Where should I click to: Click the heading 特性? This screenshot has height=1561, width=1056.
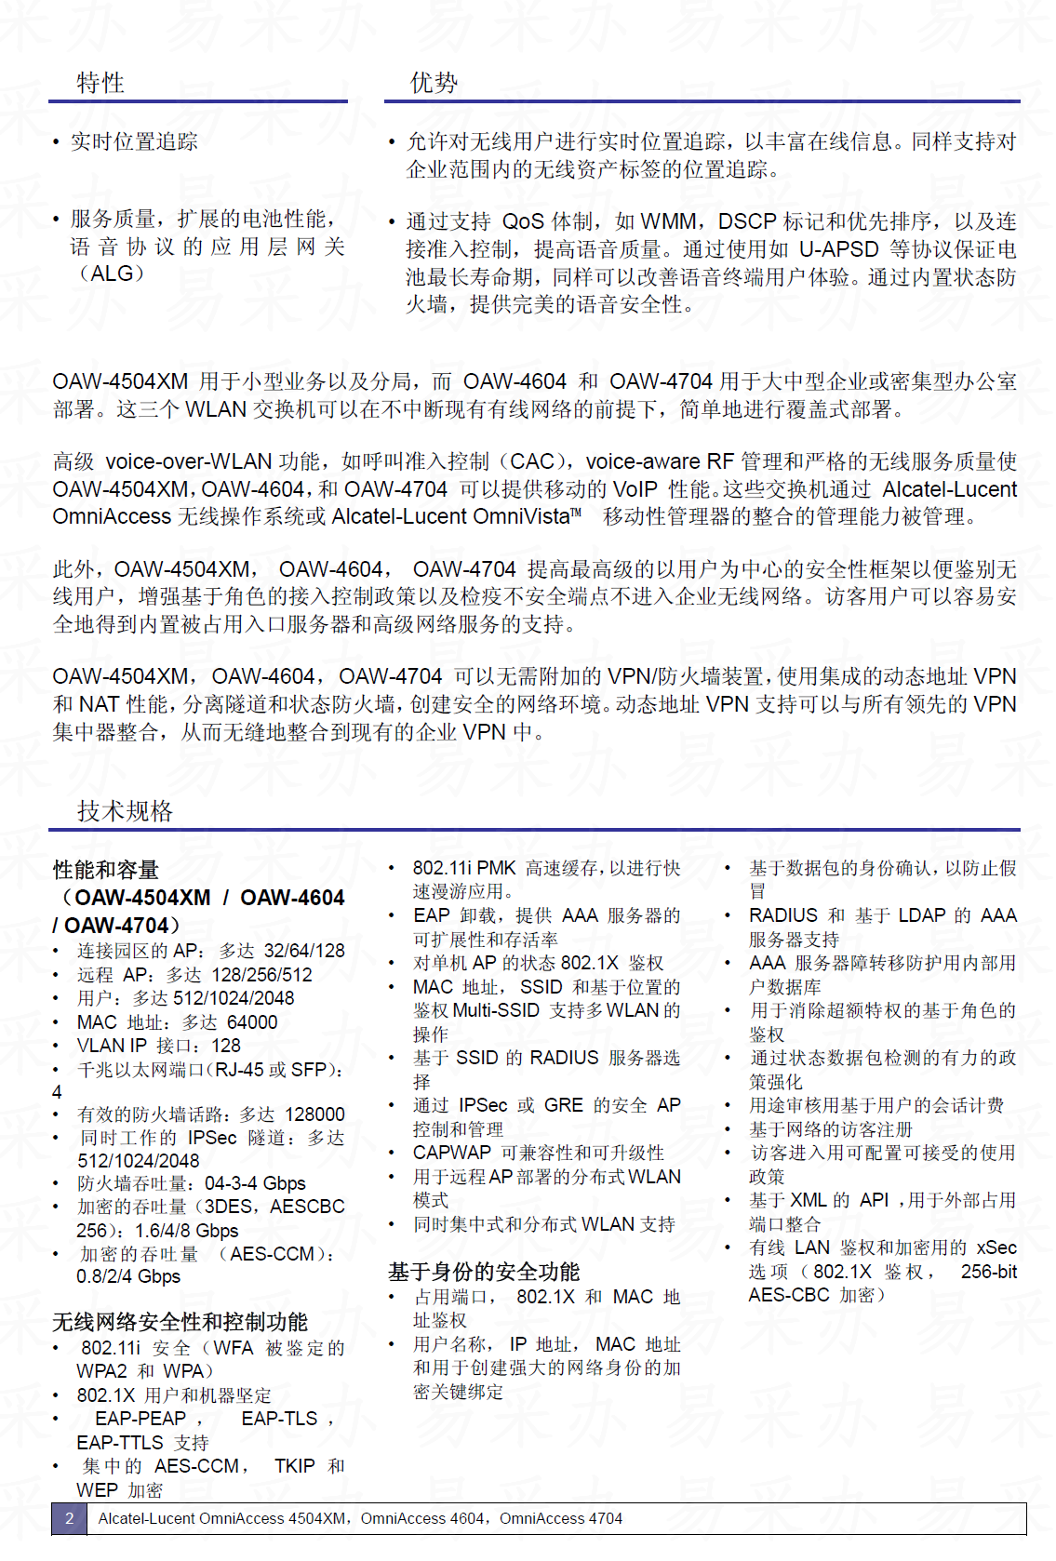click(100, 83)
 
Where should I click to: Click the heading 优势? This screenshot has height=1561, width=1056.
click(434, 83)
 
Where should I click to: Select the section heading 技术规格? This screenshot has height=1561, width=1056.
click(125, 811)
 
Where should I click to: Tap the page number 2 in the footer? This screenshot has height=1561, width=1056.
click(69, 1518)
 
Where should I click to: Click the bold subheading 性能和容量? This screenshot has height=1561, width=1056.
click(106, 870)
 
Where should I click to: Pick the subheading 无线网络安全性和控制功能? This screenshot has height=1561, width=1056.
click(180, 1322)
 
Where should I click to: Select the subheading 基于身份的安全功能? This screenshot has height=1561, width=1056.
click(484, 1272)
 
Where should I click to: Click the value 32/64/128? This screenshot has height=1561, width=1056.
click(304, 951)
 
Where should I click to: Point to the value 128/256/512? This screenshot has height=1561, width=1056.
click(262, 975)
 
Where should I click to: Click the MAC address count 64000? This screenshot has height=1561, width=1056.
click(252, 1022)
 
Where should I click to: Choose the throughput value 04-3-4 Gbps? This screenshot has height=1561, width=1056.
click(255, 1183)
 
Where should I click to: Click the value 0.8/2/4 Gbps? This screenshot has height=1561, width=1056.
click(128, 1276)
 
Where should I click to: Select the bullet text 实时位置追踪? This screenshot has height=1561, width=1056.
click(134, 141)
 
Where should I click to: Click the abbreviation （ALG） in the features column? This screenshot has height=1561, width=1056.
click(112, 274)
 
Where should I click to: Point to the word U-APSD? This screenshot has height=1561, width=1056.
click(839, 249)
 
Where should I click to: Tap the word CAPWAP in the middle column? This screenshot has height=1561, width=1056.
click(452, 1153)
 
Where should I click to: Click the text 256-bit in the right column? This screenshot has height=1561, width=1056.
click(989, 1272)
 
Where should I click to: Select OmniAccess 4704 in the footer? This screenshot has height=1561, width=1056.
click(561, 1518)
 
